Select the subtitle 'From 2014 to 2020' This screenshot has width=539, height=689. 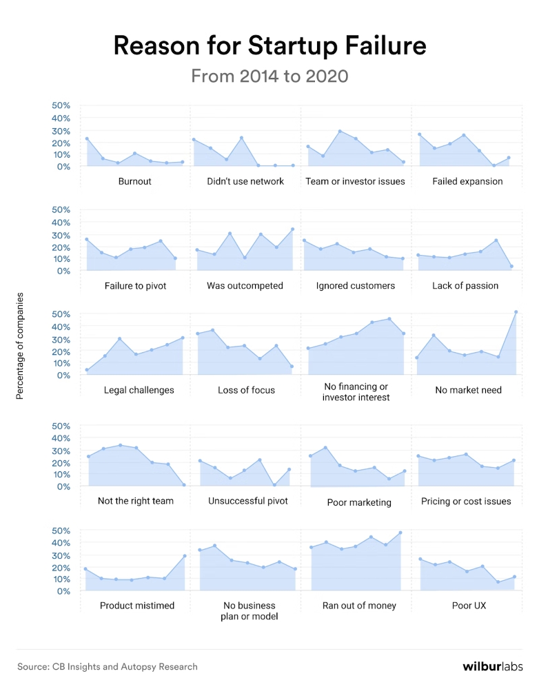(269, 76)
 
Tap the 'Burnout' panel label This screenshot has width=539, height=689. (134, 182)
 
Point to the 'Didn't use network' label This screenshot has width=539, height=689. (245, 182)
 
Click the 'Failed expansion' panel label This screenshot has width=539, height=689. (467, 182)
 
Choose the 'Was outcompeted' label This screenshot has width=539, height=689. (245, 285)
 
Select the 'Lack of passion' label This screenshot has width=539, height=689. (465, 285)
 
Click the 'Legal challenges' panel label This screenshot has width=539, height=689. (139, 390)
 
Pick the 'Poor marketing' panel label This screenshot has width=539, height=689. (358, 502)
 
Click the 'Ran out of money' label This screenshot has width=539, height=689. (359, 606)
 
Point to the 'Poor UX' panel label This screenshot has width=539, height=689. (468, 606)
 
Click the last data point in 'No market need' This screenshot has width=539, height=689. (516, 312)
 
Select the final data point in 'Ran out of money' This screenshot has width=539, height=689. (400, 533)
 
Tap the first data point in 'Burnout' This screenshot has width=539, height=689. (87, 138)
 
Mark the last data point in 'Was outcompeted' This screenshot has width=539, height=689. (292, 229)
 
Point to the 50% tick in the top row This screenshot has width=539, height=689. (61, 105)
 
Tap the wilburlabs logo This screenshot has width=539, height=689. (492, 666)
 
